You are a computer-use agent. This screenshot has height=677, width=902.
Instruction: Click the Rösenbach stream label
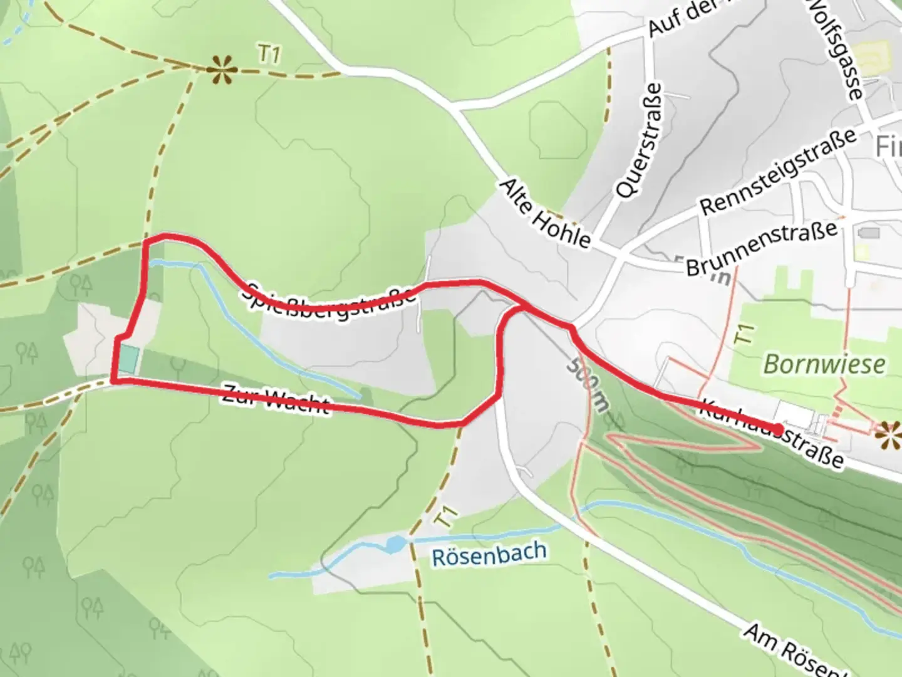pos(489,554)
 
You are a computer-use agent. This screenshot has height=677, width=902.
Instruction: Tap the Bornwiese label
pos(824,364)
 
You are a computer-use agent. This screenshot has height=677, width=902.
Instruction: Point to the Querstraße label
pos(638,141)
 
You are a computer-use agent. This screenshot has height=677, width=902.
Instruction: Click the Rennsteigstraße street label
pos(777,171)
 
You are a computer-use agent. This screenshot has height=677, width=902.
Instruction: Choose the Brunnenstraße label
pos(762,248)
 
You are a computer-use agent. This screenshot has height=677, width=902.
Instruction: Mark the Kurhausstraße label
pos(771,433)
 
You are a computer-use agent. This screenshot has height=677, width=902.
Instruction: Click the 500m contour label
pos(588,384)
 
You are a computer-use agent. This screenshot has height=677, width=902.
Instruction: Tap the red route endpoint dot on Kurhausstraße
pos(777,429)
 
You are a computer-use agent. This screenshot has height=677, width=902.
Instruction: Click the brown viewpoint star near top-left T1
pos(222,69)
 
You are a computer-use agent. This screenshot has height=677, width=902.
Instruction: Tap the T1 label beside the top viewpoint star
pos(269,55)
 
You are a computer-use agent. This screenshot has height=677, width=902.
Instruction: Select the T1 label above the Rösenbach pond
pos(445,518)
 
